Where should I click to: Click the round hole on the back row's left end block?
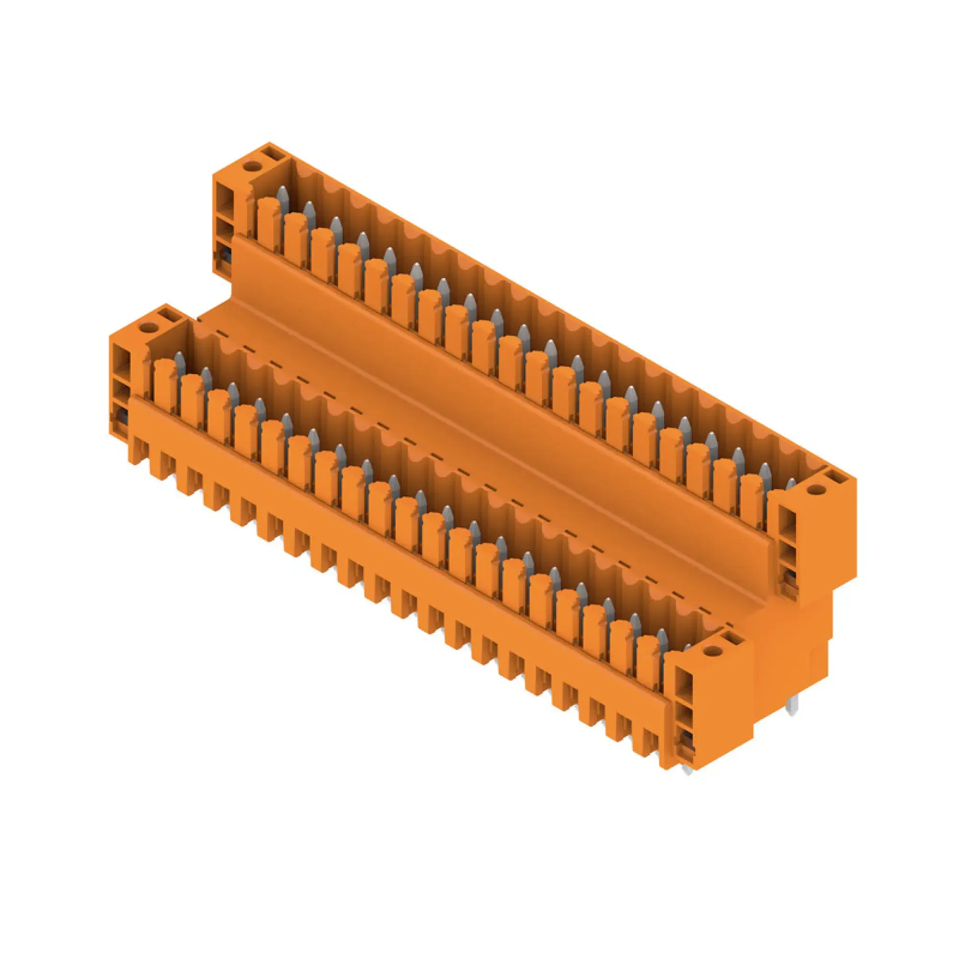coord(251,165)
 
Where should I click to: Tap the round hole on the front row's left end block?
coord(146,327)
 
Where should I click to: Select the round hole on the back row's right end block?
coord(814,490)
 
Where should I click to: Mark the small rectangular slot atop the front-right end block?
coord(733,639)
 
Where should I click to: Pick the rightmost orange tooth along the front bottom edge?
coord(651,750)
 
